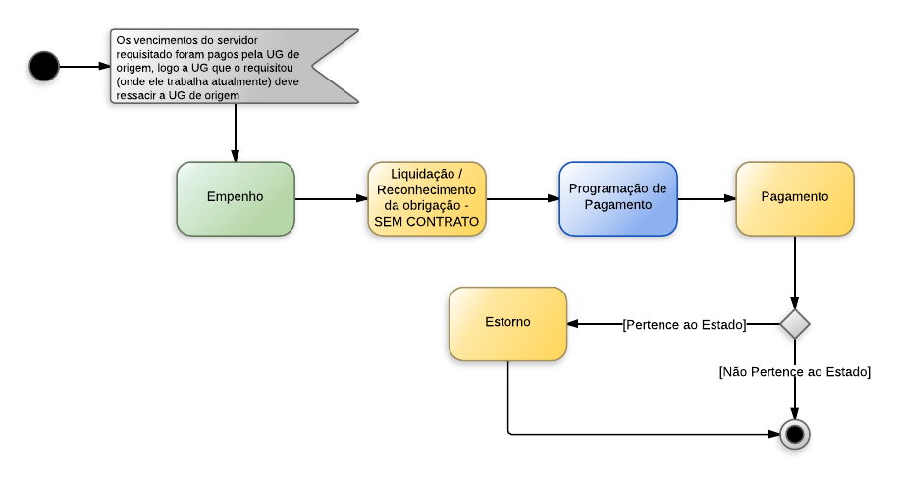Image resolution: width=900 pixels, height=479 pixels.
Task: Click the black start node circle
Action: (44, 67)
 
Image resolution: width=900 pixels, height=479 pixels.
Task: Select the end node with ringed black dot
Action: (794, 434)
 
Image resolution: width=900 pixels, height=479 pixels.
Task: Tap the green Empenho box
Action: (236, 198)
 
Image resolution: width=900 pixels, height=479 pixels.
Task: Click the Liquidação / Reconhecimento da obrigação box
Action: (427, 198)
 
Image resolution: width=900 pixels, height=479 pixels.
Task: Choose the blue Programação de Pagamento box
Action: (618, 198)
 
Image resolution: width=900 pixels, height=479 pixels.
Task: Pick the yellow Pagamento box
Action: (795, 198)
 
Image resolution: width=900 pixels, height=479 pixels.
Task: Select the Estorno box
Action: (507, 324)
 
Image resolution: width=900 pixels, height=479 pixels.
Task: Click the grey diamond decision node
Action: (794, 323)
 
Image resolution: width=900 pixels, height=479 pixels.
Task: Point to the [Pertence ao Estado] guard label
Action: (684, 324)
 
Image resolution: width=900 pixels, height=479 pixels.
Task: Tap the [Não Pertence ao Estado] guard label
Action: (794, 372)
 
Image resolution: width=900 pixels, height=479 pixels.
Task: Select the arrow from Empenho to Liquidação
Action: (331, 198)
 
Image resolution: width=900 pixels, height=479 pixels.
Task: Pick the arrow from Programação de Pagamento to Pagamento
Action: (707, 198)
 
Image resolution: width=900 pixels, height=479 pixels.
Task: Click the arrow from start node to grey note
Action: (84, 67)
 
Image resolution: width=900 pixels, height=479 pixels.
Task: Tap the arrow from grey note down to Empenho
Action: (236, 132)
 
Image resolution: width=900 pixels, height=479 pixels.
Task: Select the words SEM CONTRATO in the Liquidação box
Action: (427, 222)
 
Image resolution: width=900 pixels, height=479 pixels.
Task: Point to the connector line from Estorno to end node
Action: (638, 434)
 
